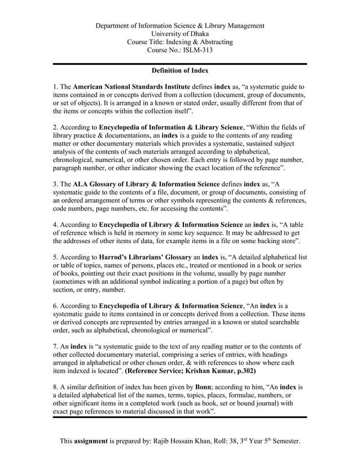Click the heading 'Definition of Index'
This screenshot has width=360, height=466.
pos(180,71)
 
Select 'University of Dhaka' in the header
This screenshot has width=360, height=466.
pos(180,34)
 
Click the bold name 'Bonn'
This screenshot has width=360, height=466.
pos(203,388)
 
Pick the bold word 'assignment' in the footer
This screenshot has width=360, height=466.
pos(94,440)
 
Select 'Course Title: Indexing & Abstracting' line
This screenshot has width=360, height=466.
pos(180,42)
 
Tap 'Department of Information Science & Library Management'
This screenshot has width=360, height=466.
pos(180,26)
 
